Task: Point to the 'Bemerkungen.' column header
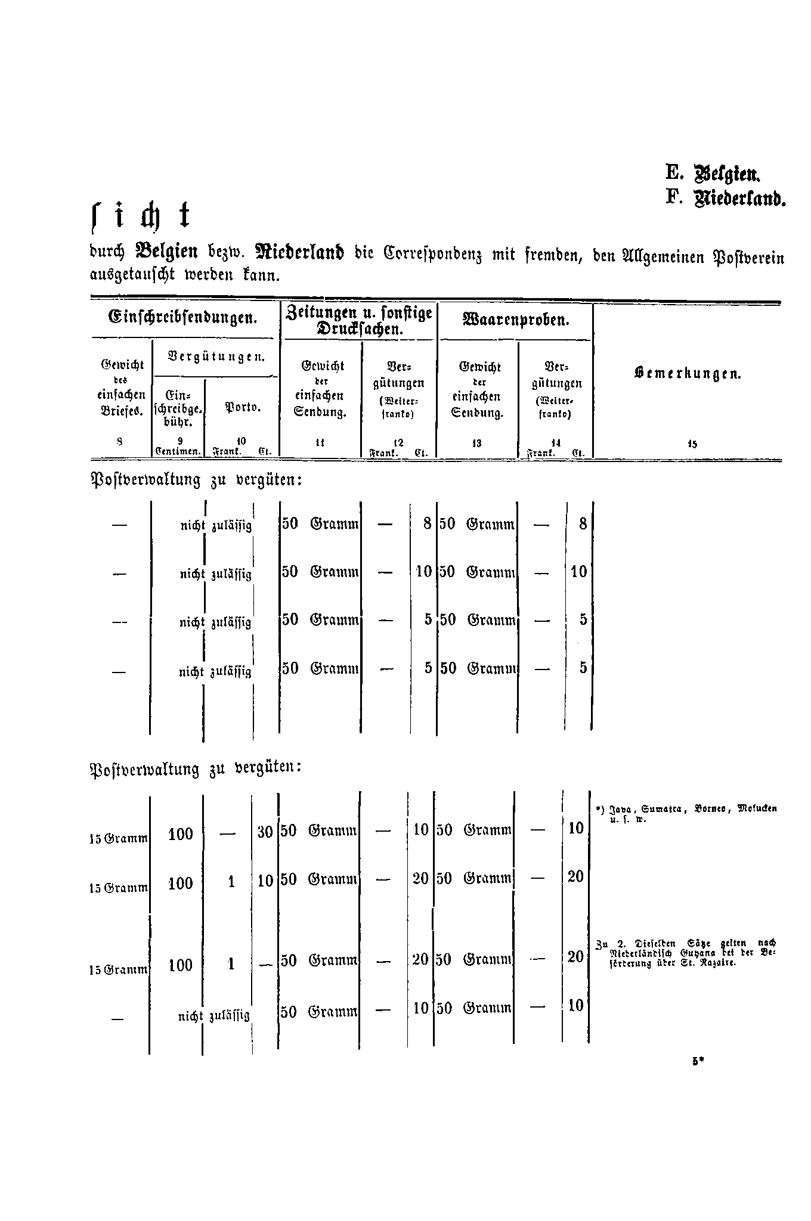tap(686, 374)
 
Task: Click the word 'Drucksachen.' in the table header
tap(359, 329)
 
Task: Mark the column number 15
tap(692, 444)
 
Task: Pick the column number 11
tap(320, 443)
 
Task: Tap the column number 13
tap(476, 443)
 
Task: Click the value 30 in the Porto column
tap(265, 832)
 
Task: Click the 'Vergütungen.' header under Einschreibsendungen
tap(216, 358)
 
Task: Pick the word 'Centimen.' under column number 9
tap(177, 452)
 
